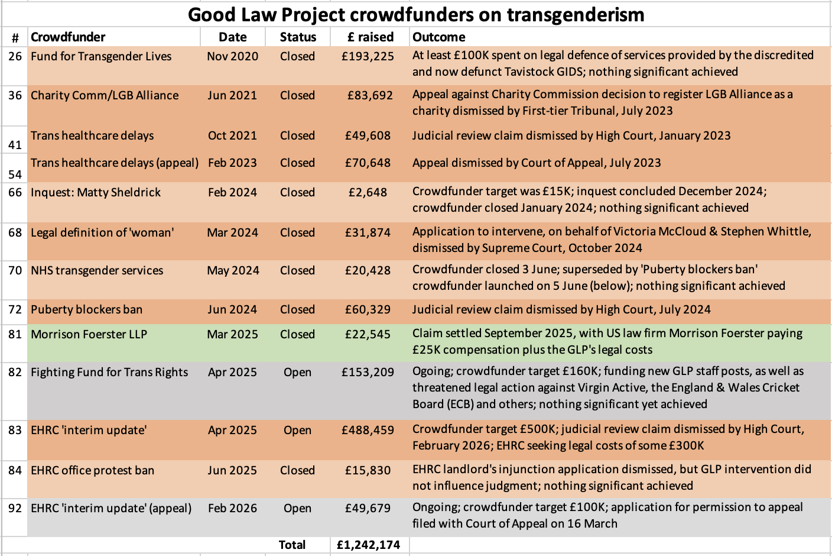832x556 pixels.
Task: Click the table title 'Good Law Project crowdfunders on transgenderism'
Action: tap(415, 14)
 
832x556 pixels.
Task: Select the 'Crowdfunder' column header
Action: tap(68, 37)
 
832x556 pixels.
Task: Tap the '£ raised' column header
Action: tap(370, 37)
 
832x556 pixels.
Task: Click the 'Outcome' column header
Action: tap(438, 37)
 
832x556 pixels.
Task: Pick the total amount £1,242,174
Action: tap(368, 545)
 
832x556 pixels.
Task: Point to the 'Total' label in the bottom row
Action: tap(292, 545)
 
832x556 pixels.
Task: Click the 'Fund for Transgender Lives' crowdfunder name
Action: tap(101, 56)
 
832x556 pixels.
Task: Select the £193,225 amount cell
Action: tap(368, 56)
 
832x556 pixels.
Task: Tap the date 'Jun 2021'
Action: tap(232, 95)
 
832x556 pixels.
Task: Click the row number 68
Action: tap(15, 232)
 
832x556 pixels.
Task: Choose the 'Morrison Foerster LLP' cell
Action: tap(89, 334)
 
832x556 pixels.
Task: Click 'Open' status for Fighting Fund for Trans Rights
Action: tap(297, 372)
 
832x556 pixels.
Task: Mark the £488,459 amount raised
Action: tap(368, 430)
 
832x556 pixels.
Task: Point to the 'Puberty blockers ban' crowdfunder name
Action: tap(87, 309)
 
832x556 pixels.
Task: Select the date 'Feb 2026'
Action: tap(232, 508)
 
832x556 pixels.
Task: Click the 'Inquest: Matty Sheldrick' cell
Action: tap(96, 192)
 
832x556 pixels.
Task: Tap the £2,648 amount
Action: tap(368, 192)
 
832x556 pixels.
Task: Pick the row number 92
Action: tap(15, 508)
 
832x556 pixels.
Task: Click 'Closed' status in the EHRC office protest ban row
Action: tap(297, 470)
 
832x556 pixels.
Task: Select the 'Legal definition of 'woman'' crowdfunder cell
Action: tap(102, 232)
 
